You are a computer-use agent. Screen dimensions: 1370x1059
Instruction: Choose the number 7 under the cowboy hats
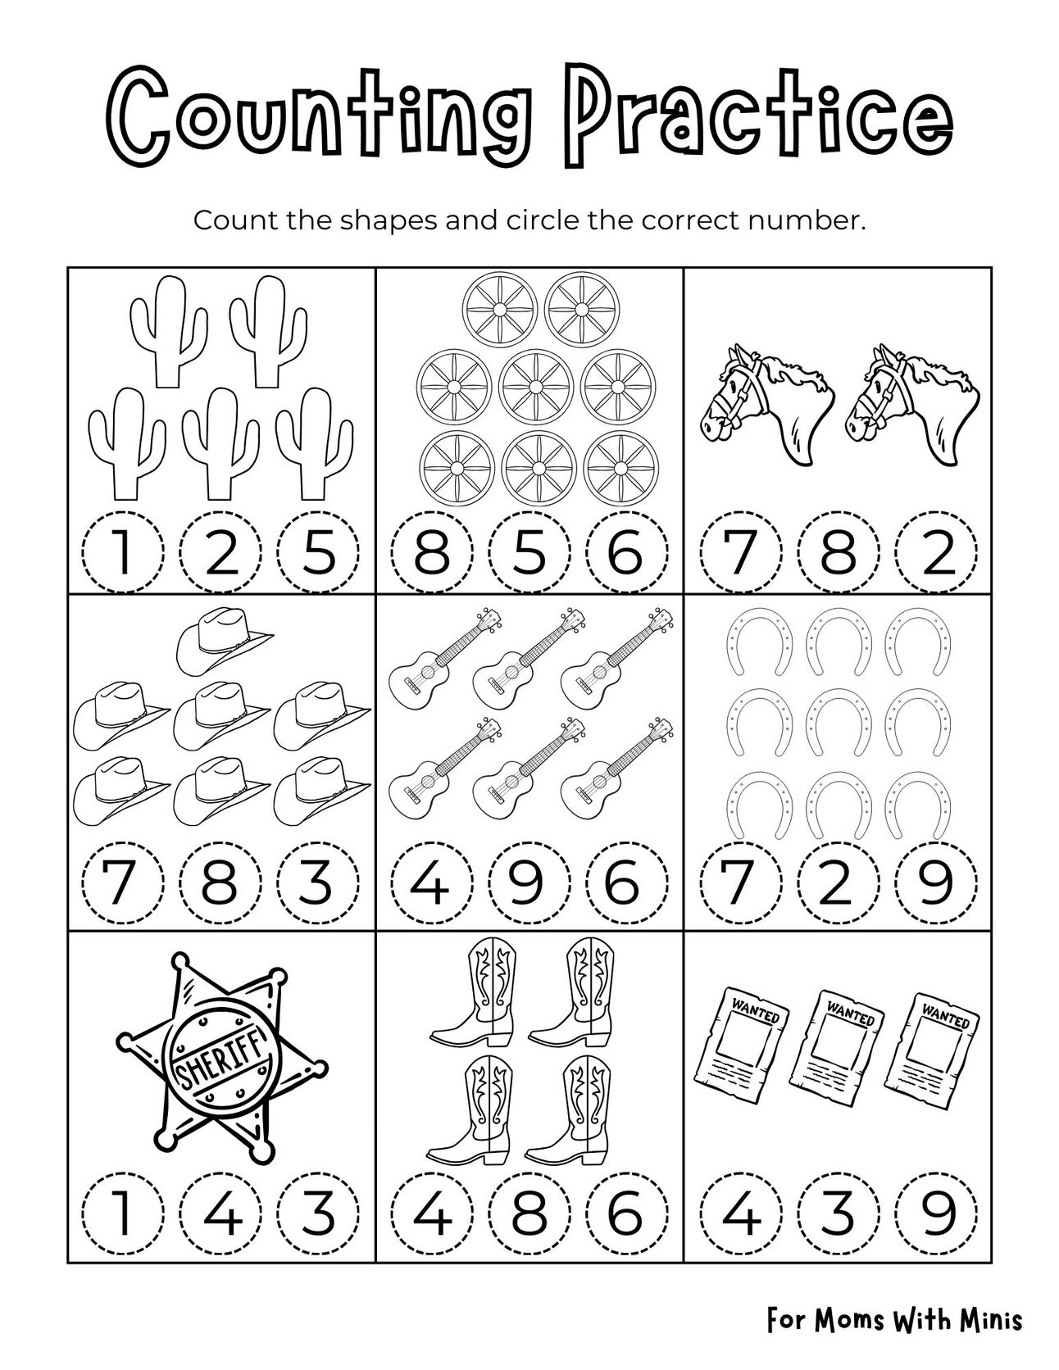coord(122,882)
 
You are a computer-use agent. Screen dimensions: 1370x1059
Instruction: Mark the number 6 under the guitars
coord(627,882)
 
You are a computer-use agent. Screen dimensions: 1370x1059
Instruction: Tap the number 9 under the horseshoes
coord(937,882)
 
